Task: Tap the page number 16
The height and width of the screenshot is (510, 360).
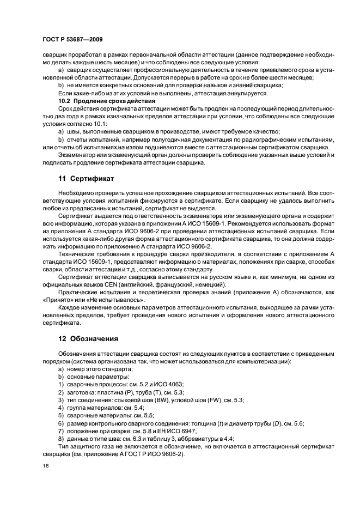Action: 46,466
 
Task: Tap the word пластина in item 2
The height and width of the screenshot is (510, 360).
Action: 111,392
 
